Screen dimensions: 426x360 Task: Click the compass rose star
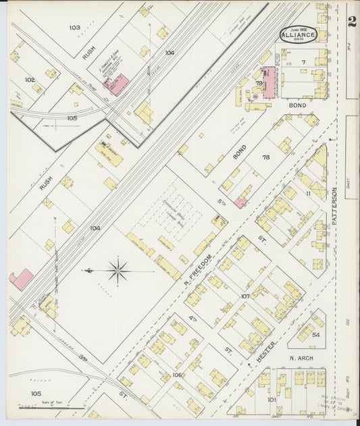(118, 271)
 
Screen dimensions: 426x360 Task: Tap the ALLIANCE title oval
(298, 35)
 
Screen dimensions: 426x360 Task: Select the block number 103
(74, 28)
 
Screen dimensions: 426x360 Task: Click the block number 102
(30, 80)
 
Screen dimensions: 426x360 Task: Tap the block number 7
(304, 62)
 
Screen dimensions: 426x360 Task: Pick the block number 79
(258, 83)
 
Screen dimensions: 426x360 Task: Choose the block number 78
(265, 157)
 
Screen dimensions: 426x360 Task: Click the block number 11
(307, 194)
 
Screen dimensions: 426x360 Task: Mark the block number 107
(245, 296)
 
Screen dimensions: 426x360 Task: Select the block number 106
(178, 374)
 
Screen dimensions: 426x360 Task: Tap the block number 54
(315, 334)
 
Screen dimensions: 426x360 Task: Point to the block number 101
(272, 399)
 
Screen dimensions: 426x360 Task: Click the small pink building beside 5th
(240, 202)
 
